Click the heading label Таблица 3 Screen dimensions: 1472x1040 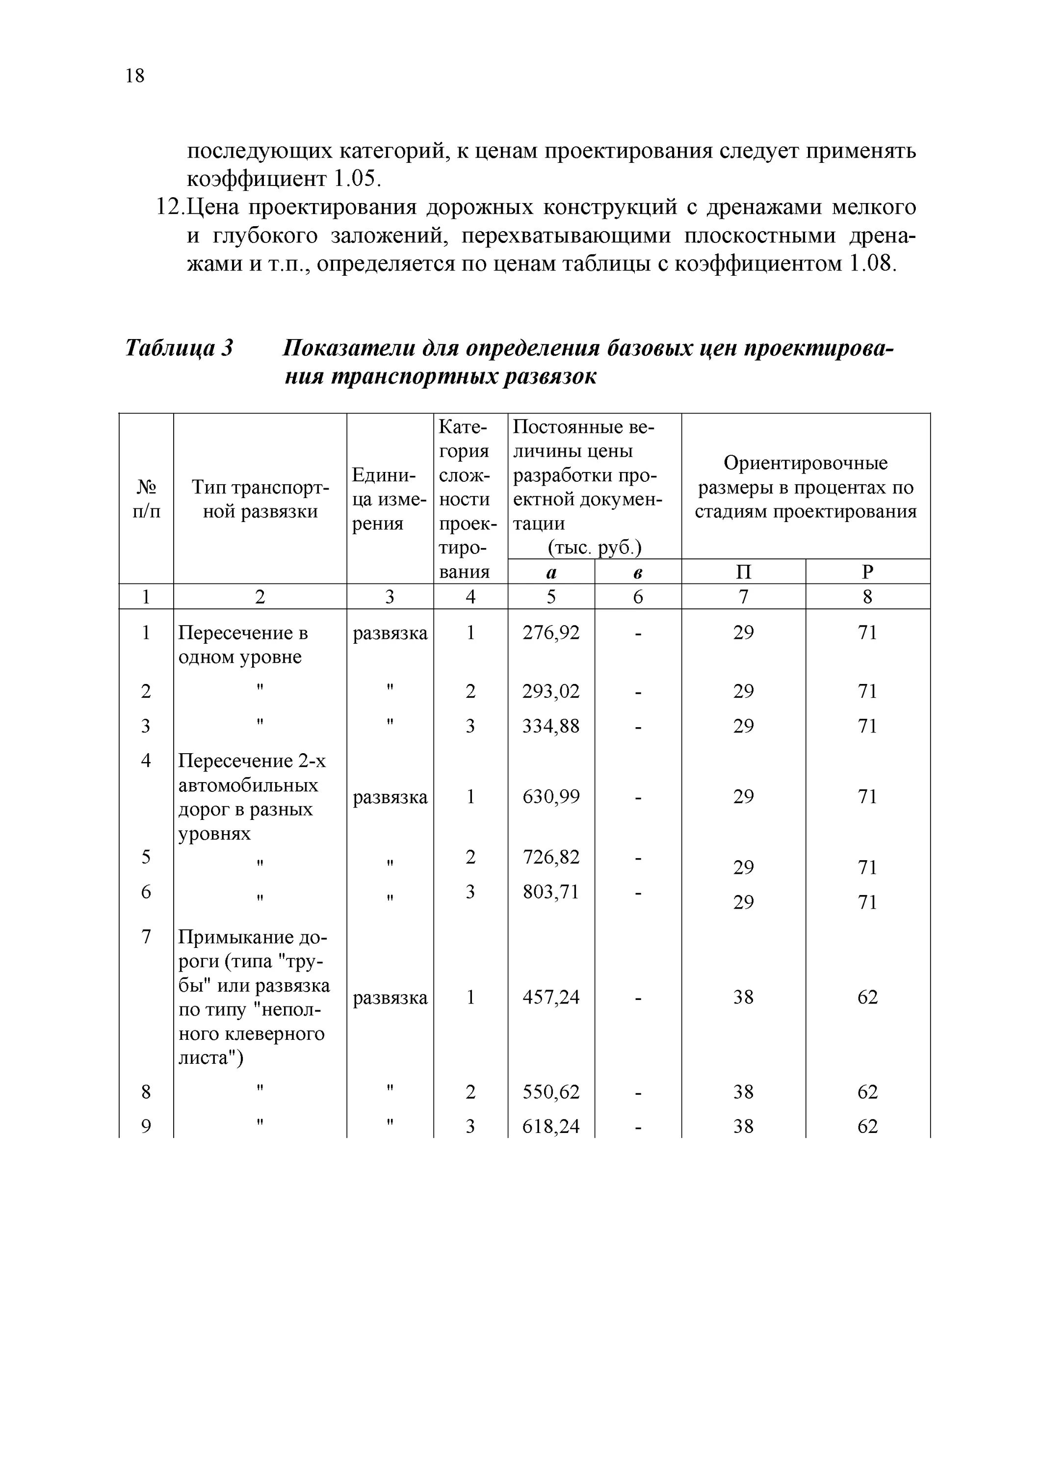(x=179, y=348)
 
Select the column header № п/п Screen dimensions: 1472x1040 (x=146, y=499)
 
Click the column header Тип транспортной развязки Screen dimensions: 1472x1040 (x=260, y=499)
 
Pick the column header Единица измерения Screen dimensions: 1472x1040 (x=389, y=499)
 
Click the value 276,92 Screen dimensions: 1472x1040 (x=551, y=633)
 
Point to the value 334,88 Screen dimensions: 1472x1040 (x=551, y=726)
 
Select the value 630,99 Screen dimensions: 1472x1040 (x=551, y=796)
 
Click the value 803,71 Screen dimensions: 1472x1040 (x=551, y=891)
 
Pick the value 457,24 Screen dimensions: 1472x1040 (x=551, y=997)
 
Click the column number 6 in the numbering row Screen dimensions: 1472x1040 (x=638, y=597)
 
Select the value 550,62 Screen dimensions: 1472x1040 (x=551, y=1092)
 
